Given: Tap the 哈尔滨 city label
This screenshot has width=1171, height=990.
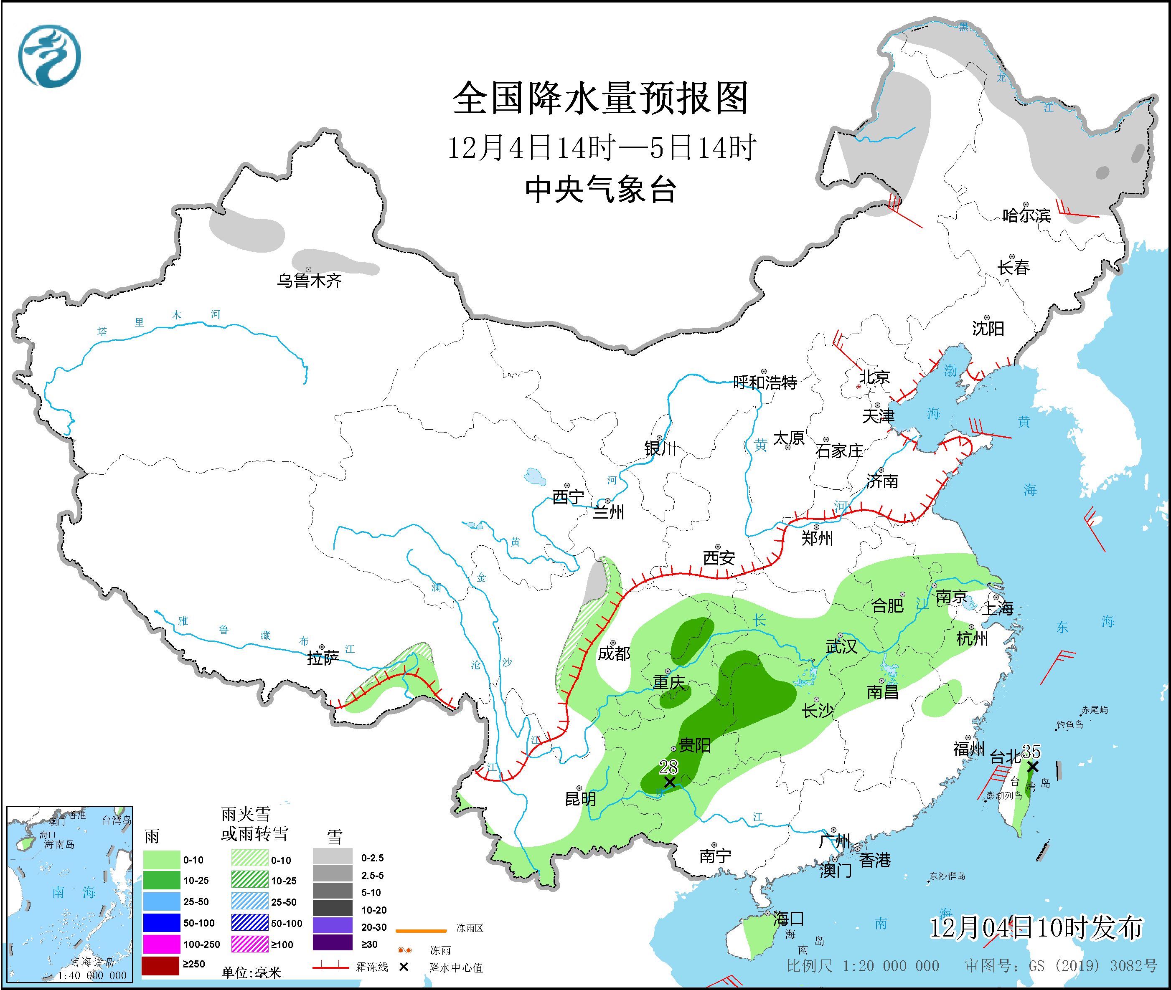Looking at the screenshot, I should coord(1026,215).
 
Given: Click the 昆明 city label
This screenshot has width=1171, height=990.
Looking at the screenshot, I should coord(580,799).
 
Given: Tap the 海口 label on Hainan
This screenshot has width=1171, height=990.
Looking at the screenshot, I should coord(788,919).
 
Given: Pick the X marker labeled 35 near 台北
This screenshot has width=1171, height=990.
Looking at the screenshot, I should coord(1033,767).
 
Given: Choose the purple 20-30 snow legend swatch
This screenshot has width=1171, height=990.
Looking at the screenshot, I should coord(333,927).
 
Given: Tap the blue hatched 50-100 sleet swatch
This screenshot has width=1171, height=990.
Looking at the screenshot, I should coord(249,923).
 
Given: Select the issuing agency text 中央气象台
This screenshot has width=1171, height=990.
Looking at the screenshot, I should coord(600,190).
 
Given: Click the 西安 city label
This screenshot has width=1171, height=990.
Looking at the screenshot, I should coord(719,558).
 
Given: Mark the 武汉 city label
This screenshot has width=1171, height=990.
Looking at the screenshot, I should coord(841,646).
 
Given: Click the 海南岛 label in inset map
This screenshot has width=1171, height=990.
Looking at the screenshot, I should coord(59,844).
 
